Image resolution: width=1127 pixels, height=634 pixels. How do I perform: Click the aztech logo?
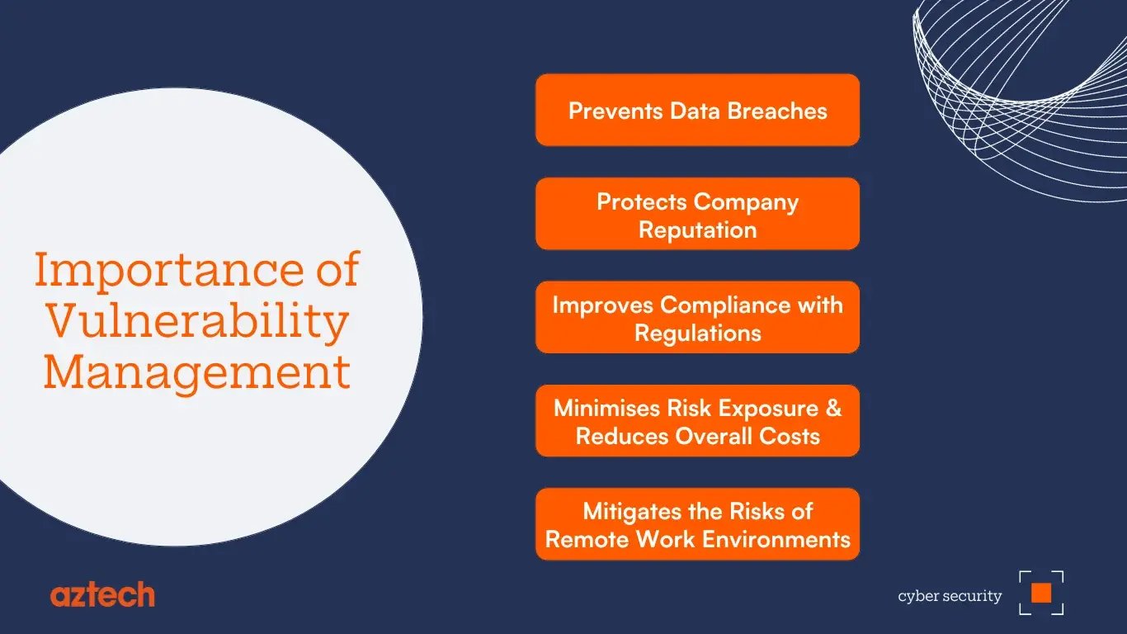coord(102,594)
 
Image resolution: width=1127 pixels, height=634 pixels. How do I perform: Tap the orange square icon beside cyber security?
coord(1041,593)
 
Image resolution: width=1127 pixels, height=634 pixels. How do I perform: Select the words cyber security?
coord(950,596)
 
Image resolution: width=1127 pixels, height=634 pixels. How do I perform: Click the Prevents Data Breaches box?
coord(697,111)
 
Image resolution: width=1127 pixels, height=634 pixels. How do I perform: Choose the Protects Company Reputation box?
coord(697,214)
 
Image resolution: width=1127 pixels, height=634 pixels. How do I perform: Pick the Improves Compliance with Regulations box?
coord(697,318)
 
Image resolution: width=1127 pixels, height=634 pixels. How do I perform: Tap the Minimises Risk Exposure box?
coord(697,421)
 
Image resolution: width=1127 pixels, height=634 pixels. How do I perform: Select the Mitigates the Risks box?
coord(697,524)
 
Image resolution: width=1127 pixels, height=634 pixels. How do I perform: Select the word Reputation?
coord(697,229)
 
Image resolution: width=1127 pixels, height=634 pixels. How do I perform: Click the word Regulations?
coord(697,333)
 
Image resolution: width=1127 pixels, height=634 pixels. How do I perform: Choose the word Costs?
coord(790,436)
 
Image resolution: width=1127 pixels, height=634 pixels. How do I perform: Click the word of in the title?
coord(337,271)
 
